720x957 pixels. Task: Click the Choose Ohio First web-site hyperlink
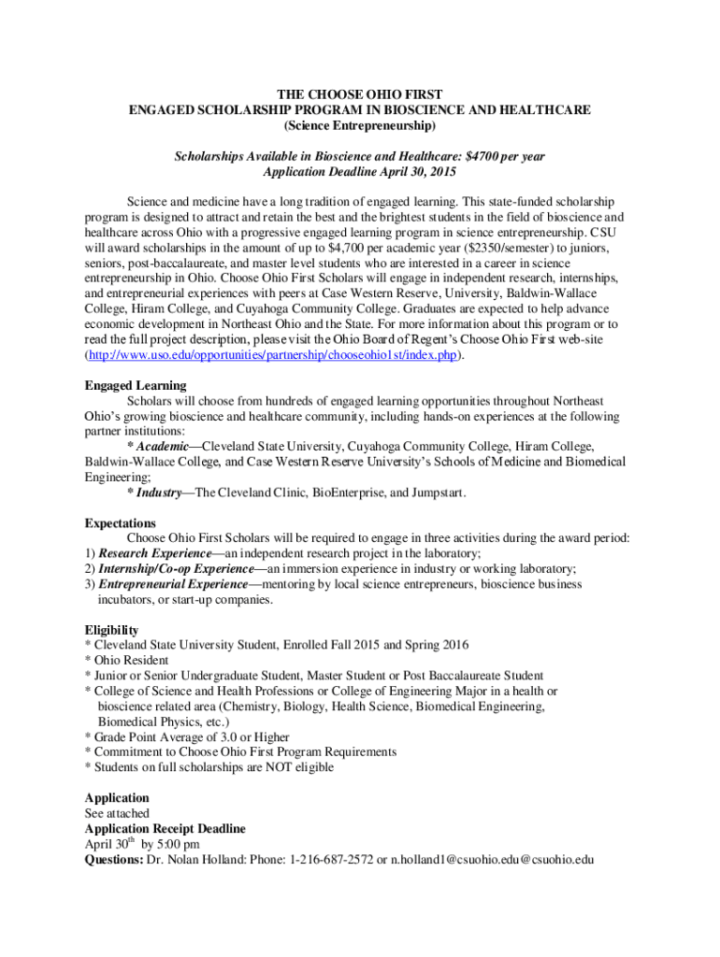pyautogui.click(x=276, y=355)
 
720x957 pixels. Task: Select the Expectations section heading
pyautogui.click(x=121, y=522)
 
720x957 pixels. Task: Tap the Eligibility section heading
pyautogui.click(x=111, y=630)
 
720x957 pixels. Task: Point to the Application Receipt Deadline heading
pyautogui.click(x=166, y=829)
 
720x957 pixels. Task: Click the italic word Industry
pyautogui.click(x=158, y=493)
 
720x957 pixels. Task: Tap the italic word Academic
pyautogui.click(x=163, y=447)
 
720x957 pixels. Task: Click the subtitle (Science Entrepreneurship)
pyautogui.click(x=359, y=125)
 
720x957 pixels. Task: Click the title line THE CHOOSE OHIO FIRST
pyautogui.click(x=359, y=94)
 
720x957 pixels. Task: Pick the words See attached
pyautogui.click(x=117, y=813)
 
